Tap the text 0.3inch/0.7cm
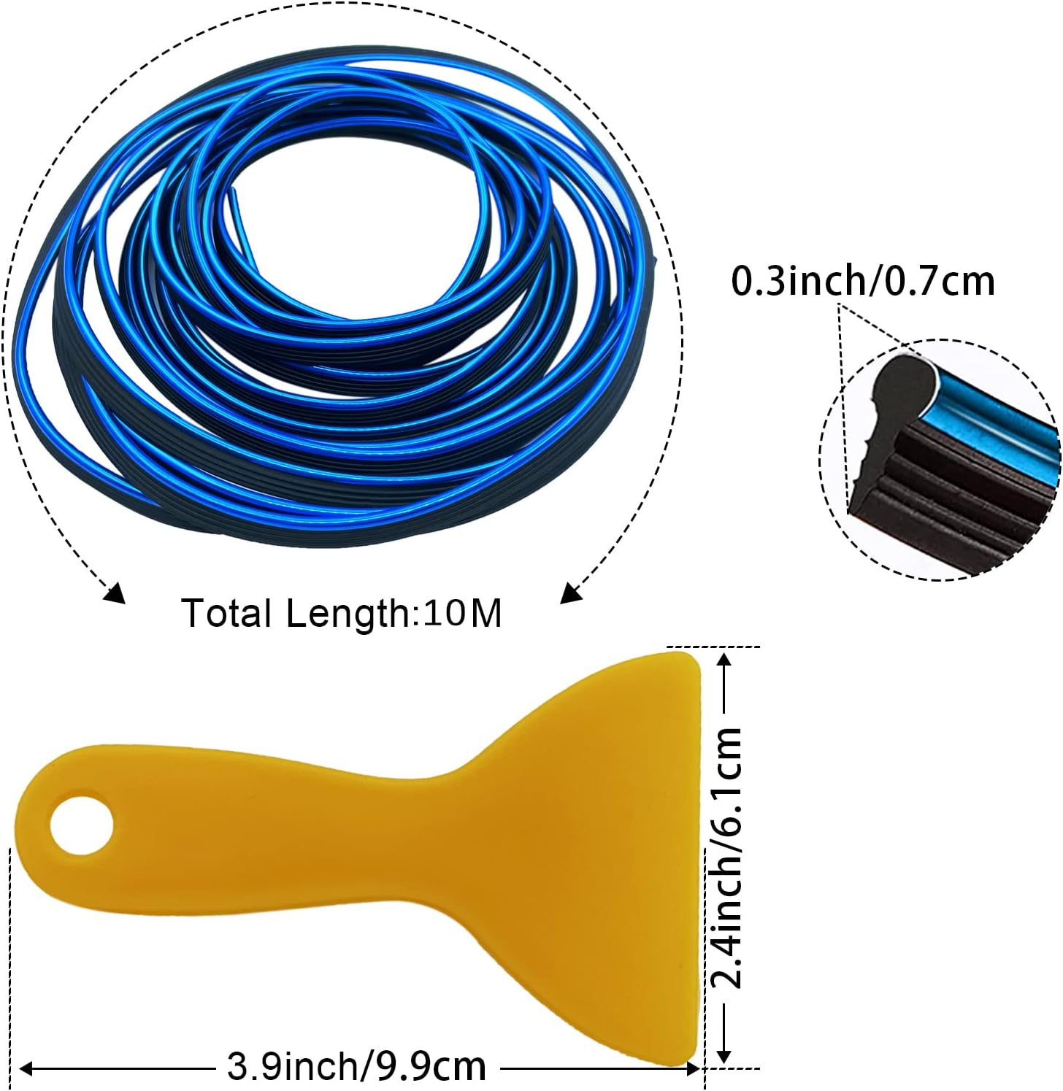[863, 281]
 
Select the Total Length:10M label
[342, 613]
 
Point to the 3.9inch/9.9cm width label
[356, 1068]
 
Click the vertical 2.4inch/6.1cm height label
[726, 858]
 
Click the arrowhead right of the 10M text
[572, 592]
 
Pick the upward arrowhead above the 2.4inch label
[724, 662]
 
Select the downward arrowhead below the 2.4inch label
[724, 1052]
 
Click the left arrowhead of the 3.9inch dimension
[28, 1069]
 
